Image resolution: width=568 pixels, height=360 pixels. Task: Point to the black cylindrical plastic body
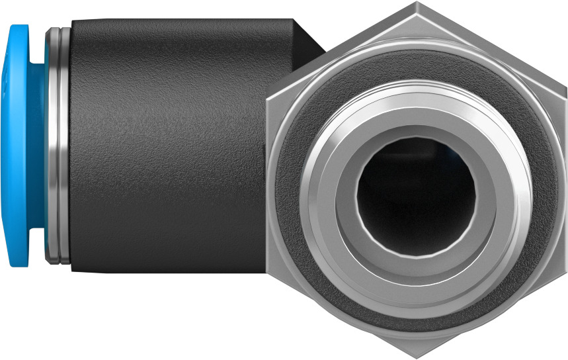[165, 146]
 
